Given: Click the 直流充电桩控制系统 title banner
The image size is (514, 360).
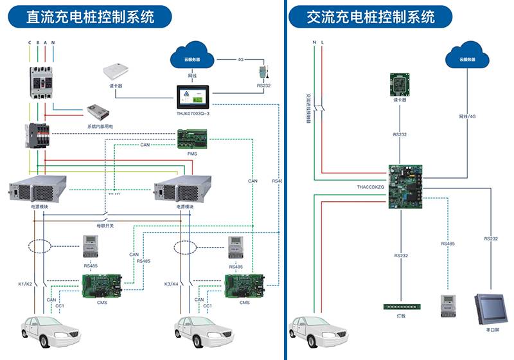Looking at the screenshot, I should point(90,16).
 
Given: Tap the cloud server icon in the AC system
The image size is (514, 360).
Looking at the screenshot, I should point(467,57).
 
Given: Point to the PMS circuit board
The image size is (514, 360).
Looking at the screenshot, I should point(192,139).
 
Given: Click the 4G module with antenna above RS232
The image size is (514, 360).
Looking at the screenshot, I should point(263,72).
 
